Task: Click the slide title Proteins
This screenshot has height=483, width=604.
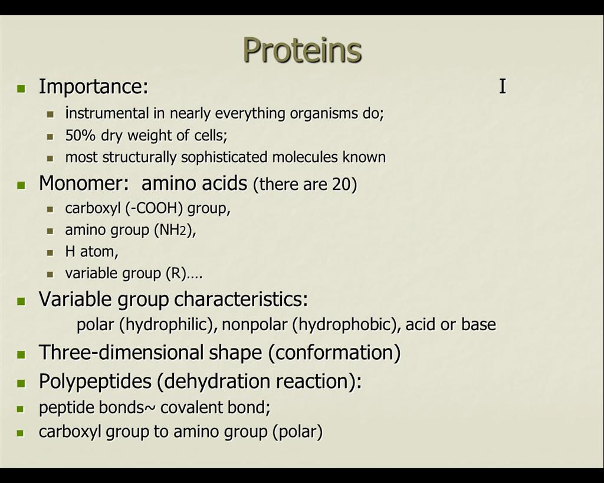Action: pos(303,50)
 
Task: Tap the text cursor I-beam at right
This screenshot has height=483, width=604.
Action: pos(503,86)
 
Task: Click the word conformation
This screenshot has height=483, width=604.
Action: pos(334,353)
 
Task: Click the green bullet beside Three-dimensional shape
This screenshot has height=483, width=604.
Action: pos(21,354)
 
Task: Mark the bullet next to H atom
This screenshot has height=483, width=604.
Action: pos(50,252)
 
